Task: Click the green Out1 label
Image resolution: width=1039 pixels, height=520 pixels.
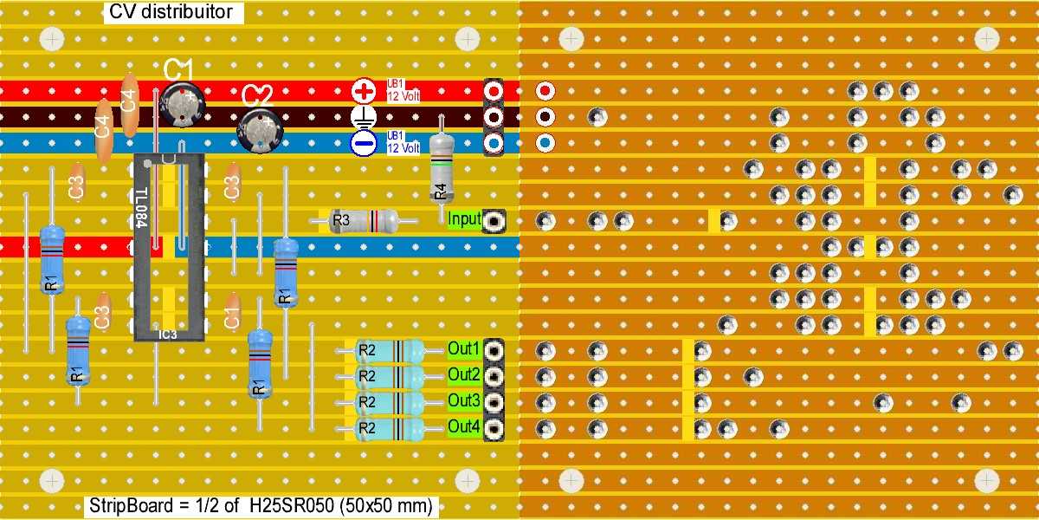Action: [464, 349]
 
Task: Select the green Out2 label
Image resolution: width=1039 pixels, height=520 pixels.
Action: [464, 375]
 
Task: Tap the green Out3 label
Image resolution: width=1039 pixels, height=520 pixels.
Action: [464, 401]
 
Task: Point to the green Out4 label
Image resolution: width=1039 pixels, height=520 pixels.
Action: [464, 426]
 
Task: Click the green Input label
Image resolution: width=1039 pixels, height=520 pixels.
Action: [464, 219]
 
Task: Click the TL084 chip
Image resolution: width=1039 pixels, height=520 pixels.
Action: [168, 247]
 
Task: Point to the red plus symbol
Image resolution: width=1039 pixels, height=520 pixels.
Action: [364, 90]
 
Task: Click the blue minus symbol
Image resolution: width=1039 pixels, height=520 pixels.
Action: [364, 143]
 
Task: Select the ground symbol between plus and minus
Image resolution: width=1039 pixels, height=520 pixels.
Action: [364, 117]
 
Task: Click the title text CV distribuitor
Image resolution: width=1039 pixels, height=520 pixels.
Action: [171, 12]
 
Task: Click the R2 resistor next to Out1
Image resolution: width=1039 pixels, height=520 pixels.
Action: [390, 351]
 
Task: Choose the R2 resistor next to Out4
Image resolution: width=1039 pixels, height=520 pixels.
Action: [390, 427]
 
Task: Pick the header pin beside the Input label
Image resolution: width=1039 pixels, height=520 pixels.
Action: [494, 221]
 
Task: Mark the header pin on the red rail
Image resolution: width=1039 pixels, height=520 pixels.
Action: [494, 90]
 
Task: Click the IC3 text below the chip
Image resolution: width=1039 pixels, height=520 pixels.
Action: [168, 334]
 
